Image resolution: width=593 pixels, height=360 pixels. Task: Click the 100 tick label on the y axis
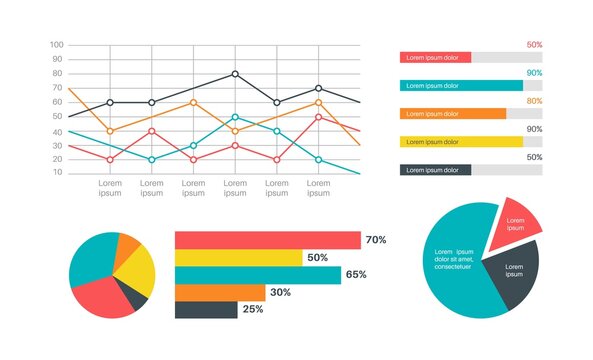(56, 45)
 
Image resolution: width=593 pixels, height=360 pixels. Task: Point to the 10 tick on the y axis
(58, 173)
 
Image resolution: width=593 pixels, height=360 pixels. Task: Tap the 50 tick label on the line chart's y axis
(58, 116)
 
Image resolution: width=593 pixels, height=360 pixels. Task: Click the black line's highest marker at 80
(235, 74)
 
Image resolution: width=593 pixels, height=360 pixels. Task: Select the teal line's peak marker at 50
(235, 117)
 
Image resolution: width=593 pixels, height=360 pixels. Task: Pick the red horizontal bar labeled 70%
(267, 240)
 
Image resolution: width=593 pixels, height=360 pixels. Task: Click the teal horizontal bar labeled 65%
(257, 275)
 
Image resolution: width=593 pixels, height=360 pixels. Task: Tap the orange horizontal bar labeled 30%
(220, 292)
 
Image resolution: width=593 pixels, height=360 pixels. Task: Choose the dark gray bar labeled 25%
(206, 310)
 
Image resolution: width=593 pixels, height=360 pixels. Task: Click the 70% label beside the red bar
(376, 240)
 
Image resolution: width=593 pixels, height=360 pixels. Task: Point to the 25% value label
(253, 310)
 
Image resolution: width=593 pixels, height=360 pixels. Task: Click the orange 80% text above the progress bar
(534, 101)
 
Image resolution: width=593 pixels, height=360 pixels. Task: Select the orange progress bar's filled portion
(452, 114)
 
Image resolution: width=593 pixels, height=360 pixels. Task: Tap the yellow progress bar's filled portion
(461, 142)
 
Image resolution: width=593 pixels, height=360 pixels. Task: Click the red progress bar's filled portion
(435, 58)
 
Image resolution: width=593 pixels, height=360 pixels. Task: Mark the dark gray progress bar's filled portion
(435, 170)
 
